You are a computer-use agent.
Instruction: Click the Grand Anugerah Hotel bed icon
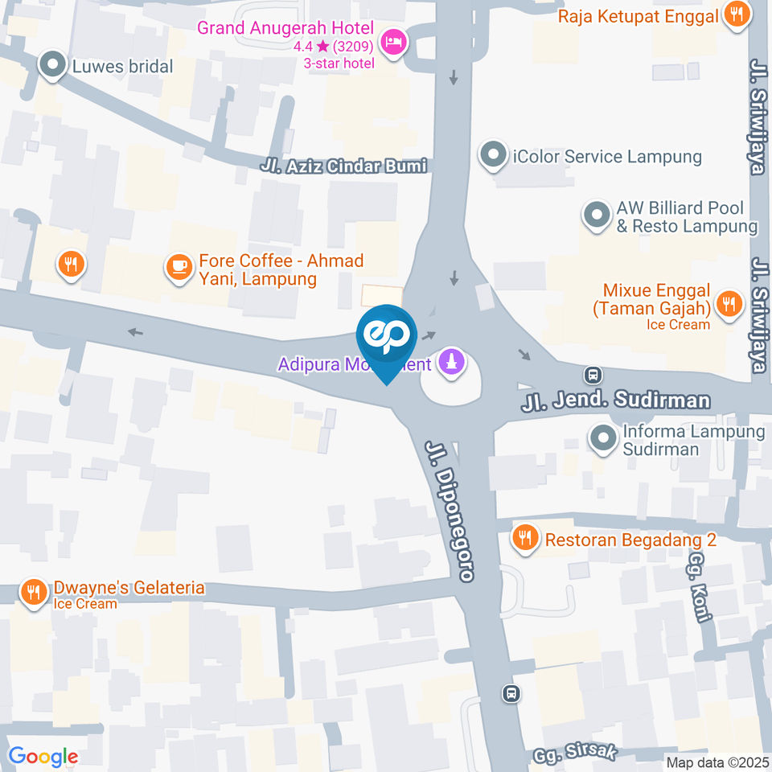(x=393, y=41)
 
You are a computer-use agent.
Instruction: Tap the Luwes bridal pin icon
(x=53, y=66)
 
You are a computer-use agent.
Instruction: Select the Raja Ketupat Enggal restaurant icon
(x=736, y=14)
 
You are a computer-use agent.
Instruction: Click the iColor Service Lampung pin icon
(x=492, y=155)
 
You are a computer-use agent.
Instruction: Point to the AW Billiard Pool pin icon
(x=596, y=216)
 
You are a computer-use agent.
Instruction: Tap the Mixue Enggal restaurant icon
(x=729, y=303)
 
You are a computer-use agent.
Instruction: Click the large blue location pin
(x=387, y=338)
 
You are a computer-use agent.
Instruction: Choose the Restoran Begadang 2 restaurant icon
(x=526, y=538)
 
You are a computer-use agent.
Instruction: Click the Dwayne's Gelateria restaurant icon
(x=33, y=593)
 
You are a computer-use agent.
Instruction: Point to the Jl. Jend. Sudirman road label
(x=616, y=400)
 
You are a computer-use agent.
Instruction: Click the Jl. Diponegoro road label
(x=450, y=511)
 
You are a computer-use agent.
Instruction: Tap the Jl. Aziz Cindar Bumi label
(x=343, y=166)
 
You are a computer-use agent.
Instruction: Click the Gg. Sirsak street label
(x=574, y=754)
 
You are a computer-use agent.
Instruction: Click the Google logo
(x=43, y=756)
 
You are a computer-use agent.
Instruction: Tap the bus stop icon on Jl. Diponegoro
(x=511, y=693)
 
